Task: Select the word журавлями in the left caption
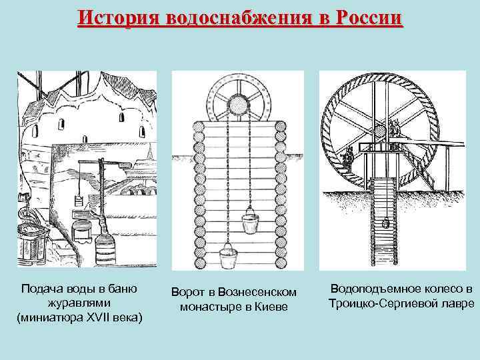coord(79,303)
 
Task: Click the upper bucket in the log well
coord(251,222)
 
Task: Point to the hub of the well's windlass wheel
coord(237,107)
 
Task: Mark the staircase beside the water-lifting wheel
coord(419,166)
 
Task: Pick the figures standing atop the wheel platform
coord(394,128)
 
